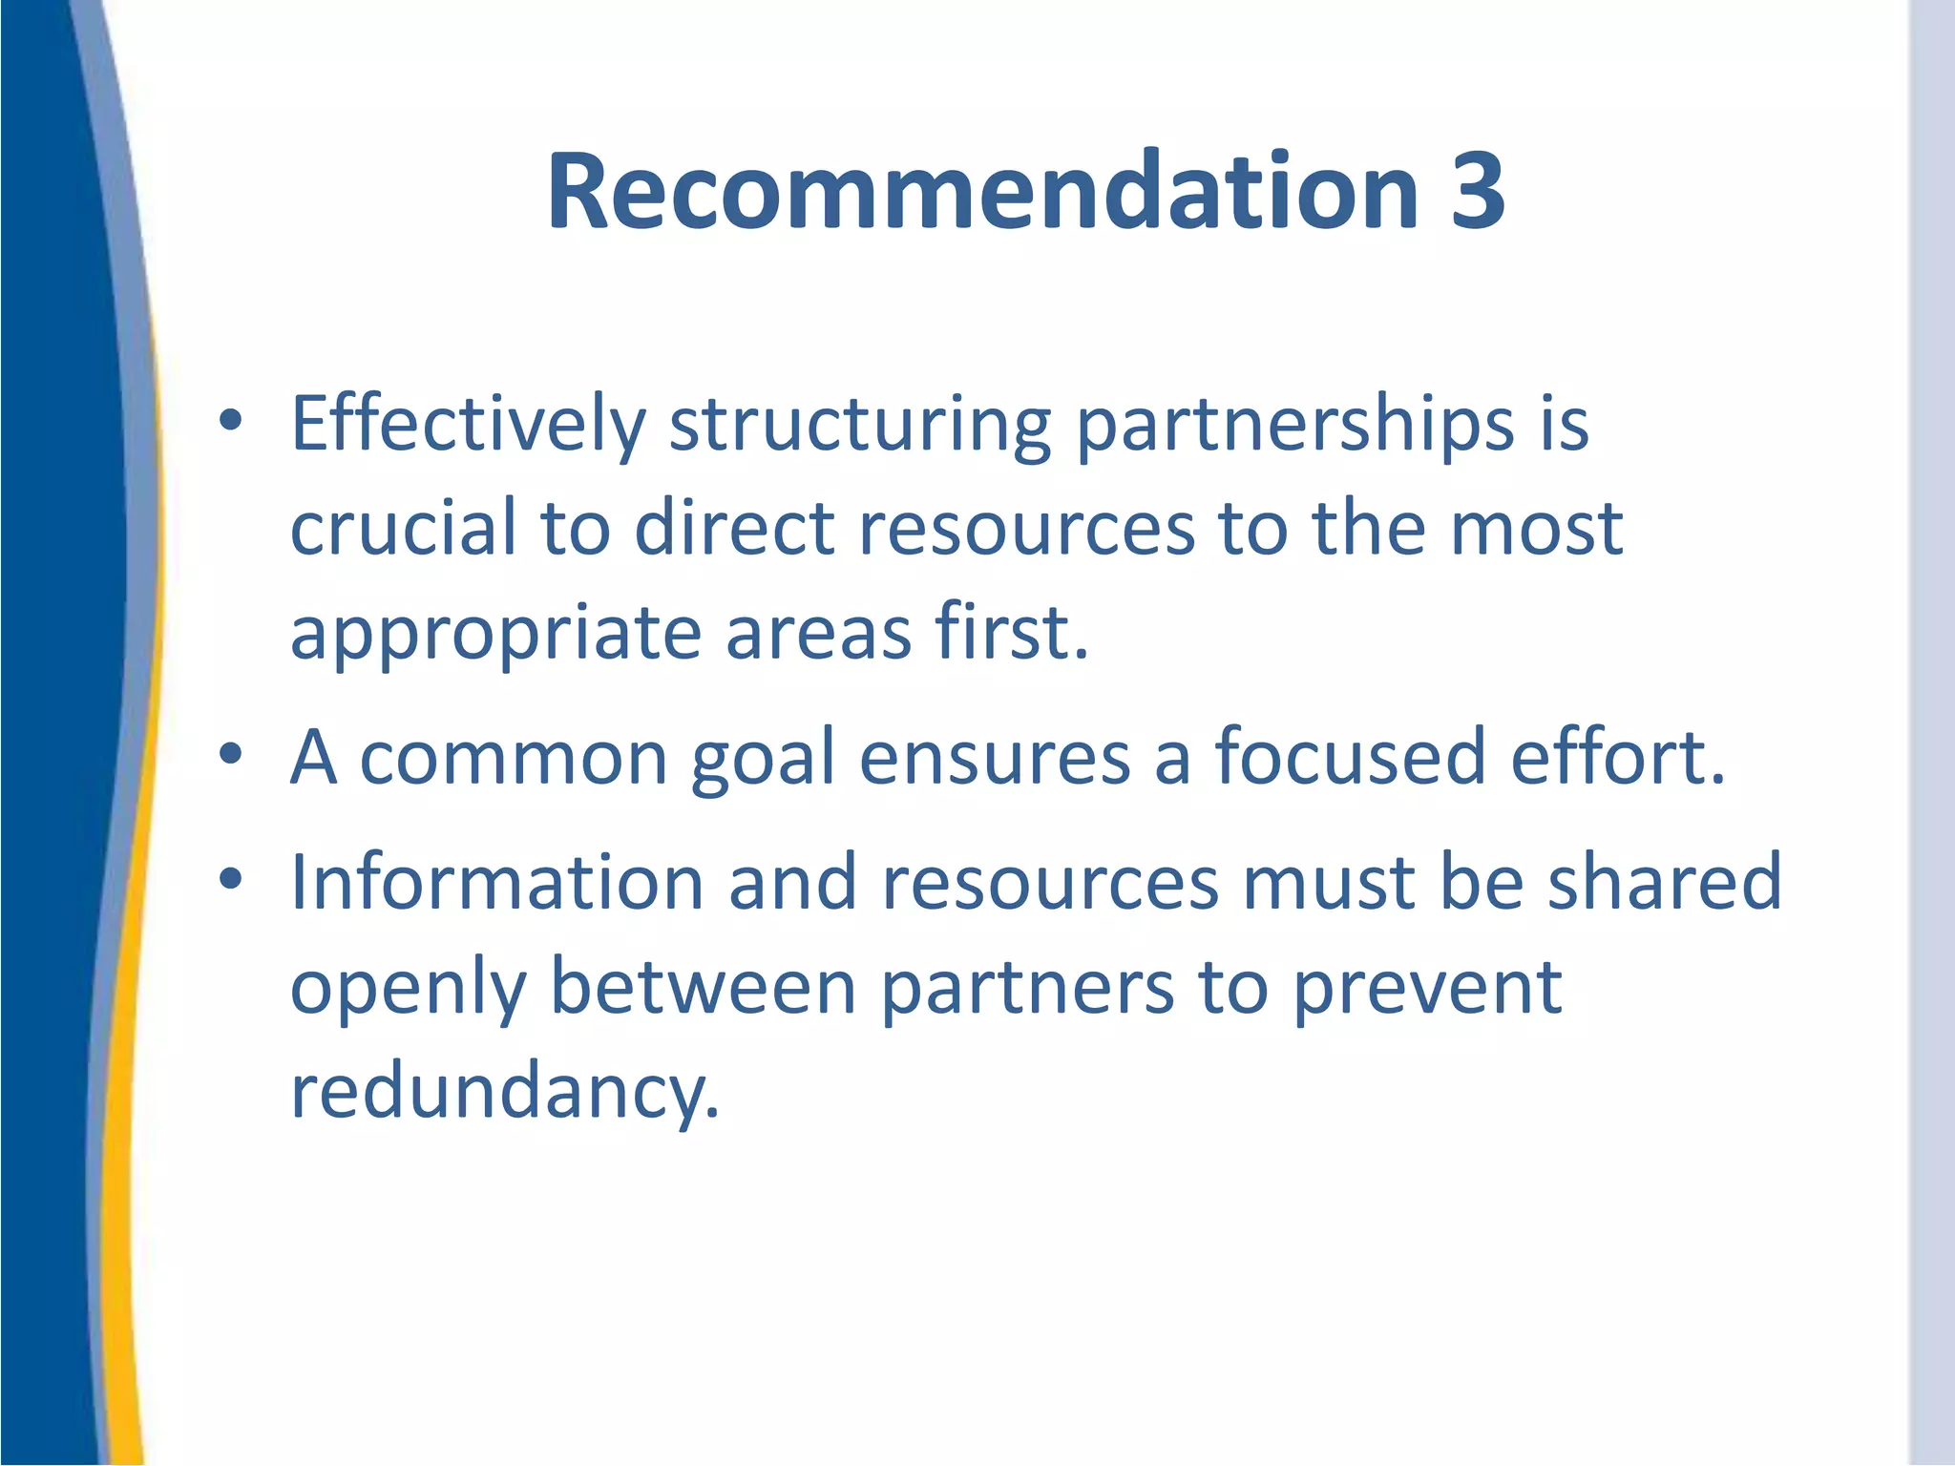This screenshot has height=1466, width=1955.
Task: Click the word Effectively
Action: [x=468, y=425]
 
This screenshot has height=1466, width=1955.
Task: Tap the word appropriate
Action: [x=495, y=635]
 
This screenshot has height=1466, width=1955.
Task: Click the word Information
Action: [x=497, y=882]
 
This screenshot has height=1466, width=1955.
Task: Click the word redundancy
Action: [x=504, y=1092]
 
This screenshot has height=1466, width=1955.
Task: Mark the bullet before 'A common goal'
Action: [x=230, y=754]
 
